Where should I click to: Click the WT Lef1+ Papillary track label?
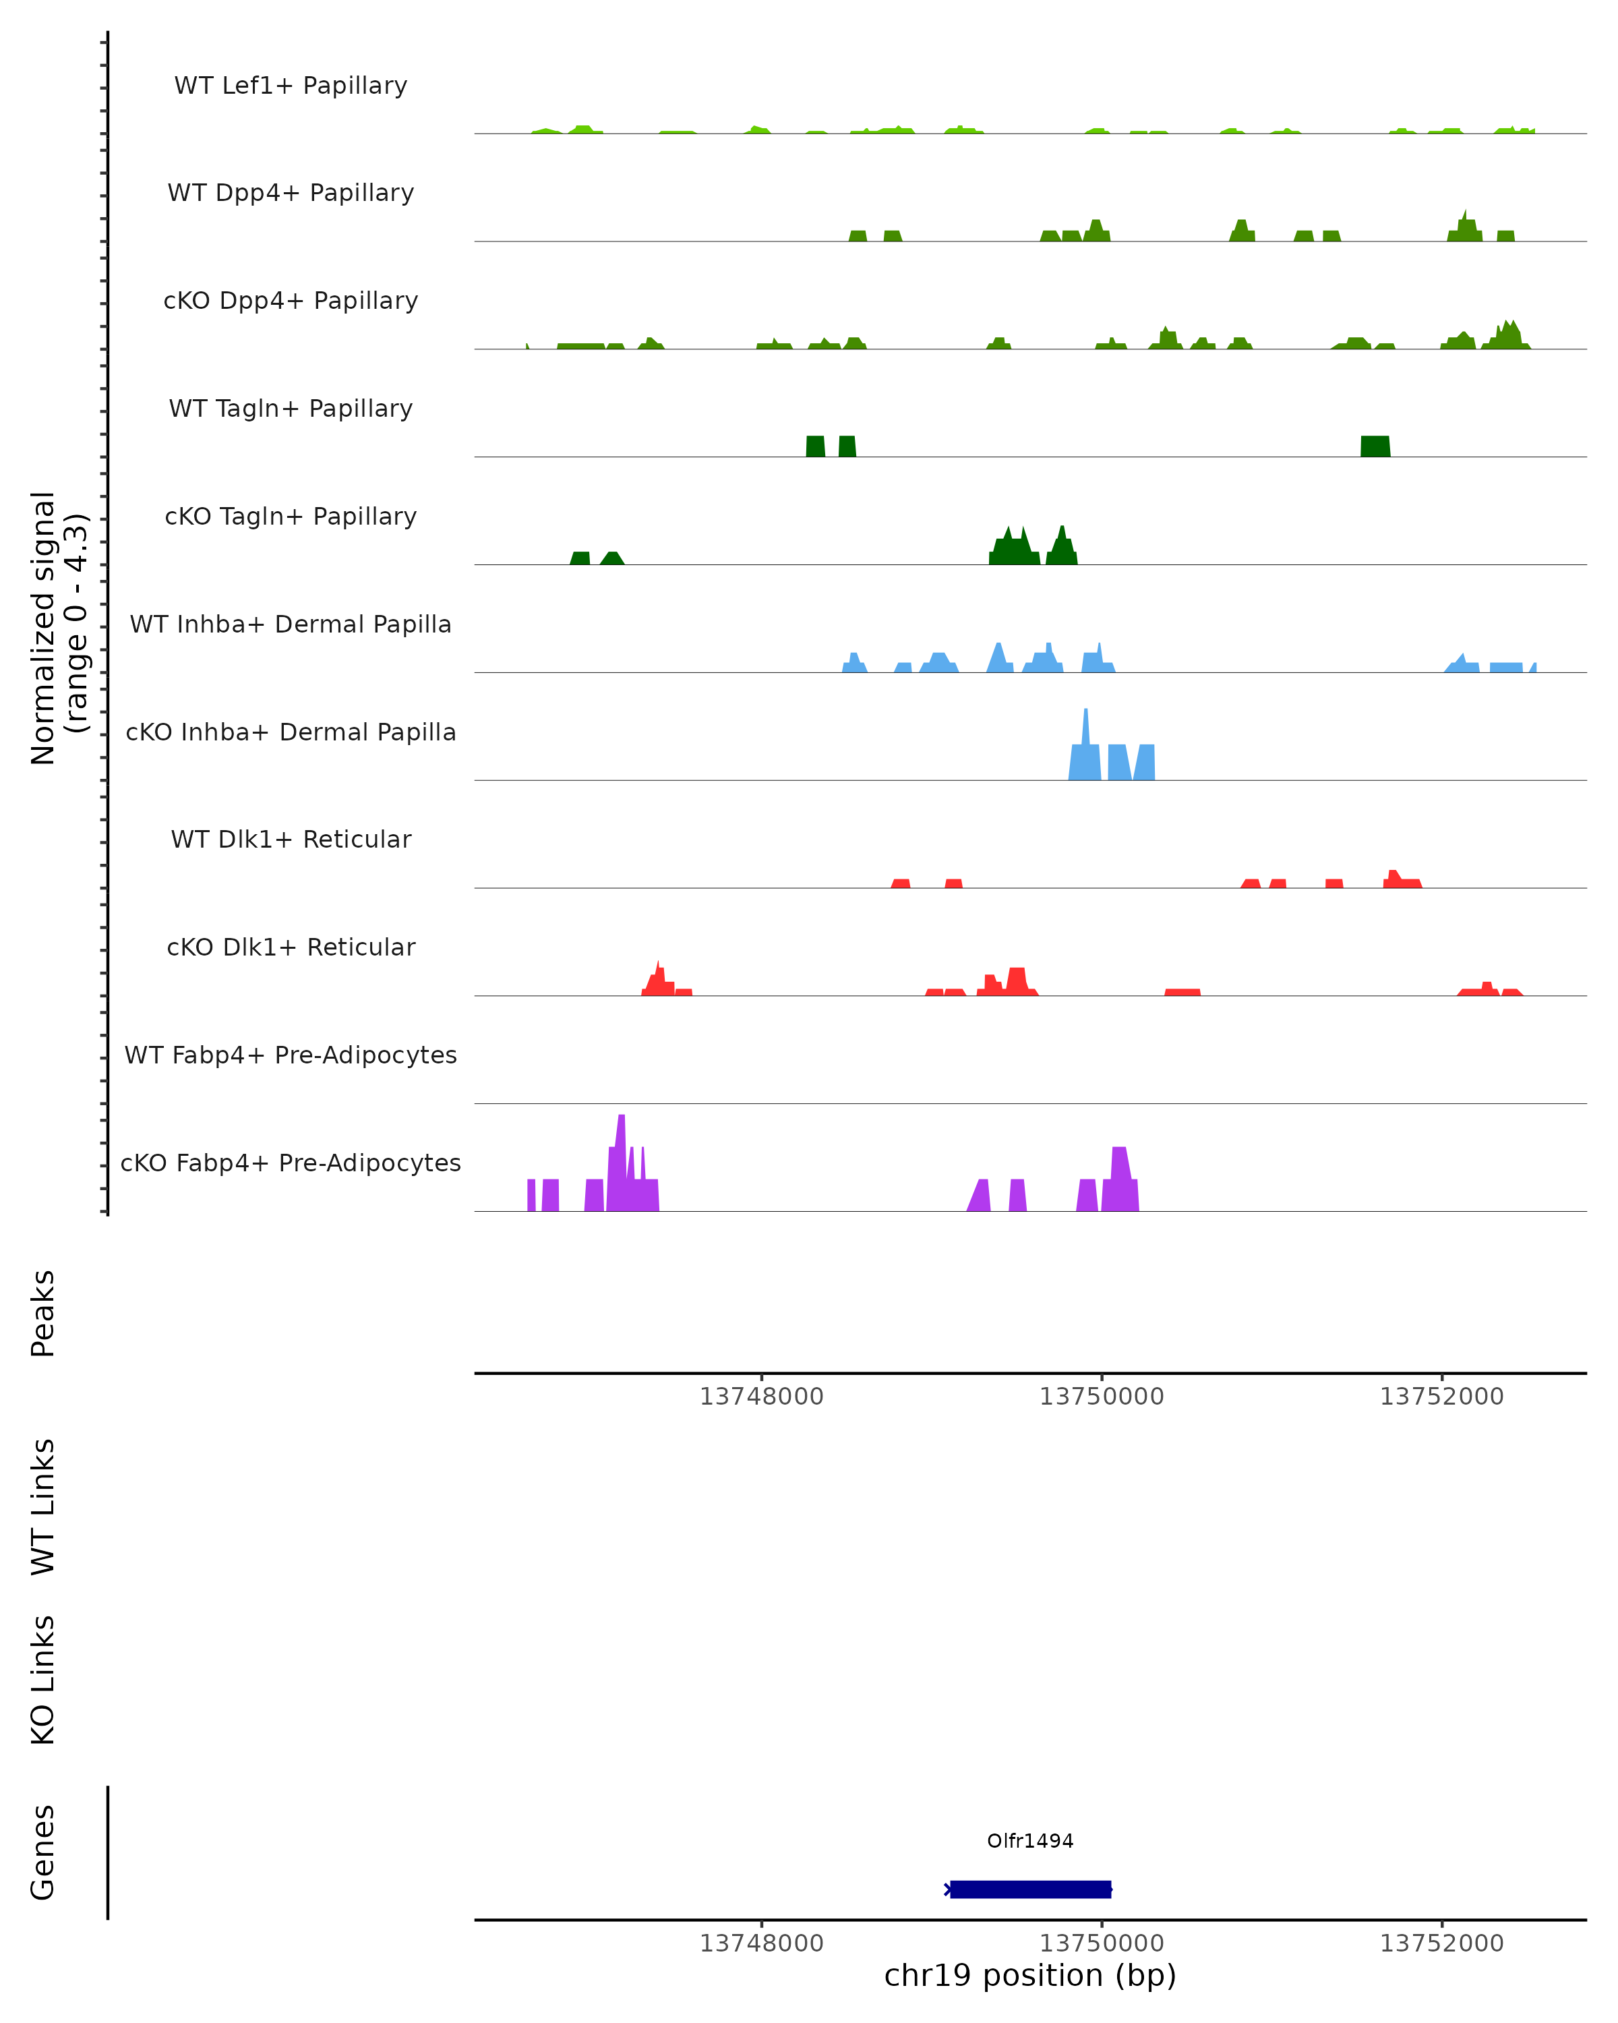coord(291,86)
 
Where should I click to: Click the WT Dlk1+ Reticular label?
coord(291,839)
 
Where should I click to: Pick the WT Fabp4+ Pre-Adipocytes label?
coord(291,1055)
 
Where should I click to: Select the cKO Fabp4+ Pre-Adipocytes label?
coord(291,1163)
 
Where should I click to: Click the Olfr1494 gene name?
coord(1030,1841)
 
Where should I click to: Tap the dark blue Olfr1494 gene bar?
coord(1030,1889)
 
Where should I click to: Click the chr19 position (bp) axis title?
coord(1030,1976)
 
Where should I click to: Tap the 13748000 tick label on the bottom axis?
coord(762,1943)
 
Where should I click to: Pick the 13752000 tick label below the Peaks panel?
coord(1441,1397)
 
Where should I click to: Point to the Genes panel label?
coord(43,1852)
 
